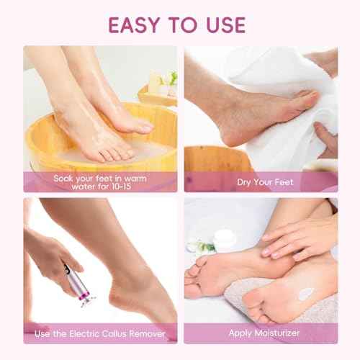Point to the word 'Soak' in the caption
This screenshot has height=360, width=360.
(x=66, y=177)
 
